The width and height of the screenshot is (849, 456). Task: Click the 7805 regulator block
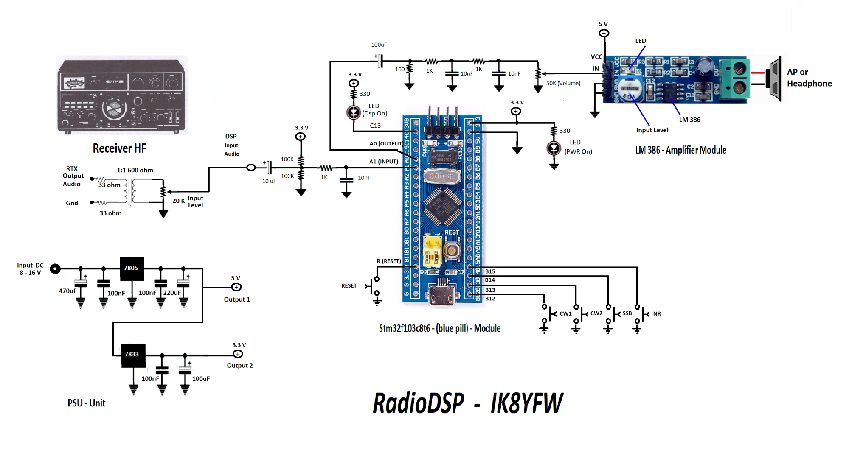132,269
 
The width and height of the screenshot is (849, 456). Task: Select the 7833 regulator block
133,355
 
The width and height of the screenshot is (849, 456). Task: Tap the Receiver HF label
119,148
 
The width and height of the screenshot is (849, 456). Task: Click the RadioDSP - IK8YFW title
467,403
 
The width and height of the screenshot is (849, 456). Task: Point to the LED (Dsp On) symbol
354,112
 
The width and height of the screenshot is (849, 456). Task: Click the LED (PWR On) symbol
554,148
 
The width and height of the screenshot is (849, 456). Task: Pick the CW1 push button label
565,314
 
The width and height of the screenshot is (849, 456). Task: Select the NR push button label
657,314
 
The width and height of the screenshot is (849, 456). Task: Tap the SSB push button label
627,313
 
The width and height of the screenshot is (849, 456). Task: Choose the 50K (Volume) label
563,83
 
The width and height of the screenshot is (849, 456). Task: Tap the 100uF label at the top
379,45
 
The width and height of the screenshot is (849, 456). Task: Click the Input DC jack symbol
55,269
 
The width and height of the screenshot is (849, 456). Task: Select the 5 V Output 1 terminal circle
236,288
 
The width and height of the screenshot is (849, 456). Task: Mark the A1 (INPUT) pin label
383,162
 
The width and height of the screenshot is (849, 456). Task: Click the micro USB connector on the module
442,294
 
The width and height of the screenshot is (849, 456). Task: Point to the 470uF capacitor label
67,291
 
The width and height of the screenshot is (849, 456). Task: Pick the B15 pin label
490,271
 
